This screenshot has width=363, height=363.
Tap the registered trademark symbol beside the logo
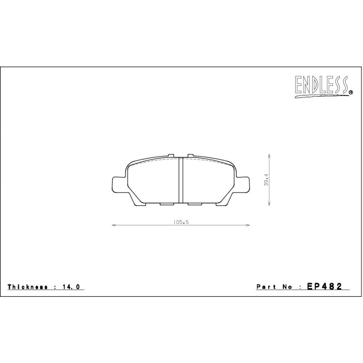[350, 93]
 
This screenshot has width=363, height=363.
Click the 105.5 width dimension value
[181, 222]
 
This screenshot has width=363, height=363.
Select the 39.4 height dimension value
[266, 180]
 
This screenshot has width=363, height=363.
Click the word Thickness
[27, 287]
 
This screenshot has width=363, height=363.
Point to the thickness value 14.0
[71, 287]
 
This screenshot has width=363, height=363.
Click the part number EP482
[324, 286]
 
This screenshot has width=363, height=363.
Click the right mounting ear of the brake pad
[243, 184]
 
